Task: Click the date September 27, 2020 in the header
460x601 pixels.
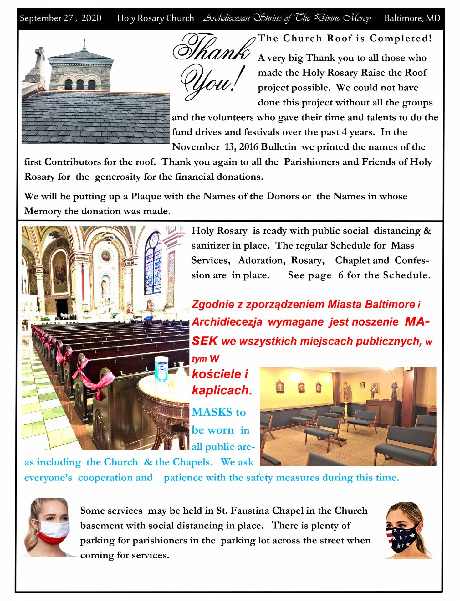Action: (x=60, y=18)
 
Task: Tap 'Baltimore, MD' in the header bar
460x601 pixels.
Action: (x=412, y=18)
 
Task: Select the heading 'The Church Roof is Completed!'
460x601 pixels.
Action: (x=345, y=38)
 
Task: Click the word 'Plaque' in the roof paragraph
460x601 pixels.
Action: (x=146, y=196)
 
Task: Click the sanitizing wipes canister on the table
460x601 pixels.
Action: (x=161, y=368)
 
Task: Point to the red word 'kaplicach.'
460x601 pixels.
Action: (x=222, y=390)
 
